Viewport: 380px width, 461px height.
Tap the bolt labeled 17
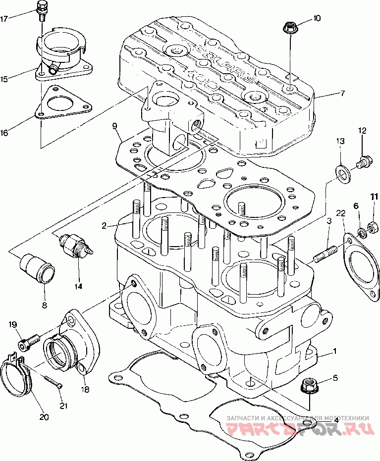[x=42, y=10]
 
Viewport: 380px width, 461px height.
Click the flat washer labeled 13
[x=342, y=171]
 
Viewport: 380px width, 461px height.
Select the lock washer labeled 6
[x=361, y=230]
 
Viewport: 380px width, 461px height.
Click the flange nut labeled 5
[x=310, y=386]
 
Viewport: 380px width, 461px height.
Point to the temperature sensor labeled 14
[x=74, y=244]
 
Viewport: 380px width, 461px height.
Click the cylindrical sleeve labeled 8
[x=37, y=268]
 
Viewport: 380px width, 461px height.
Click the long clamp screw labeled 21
[x=52, y=381]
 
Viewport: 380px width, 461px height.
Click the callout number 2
[x=104, y=226]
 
